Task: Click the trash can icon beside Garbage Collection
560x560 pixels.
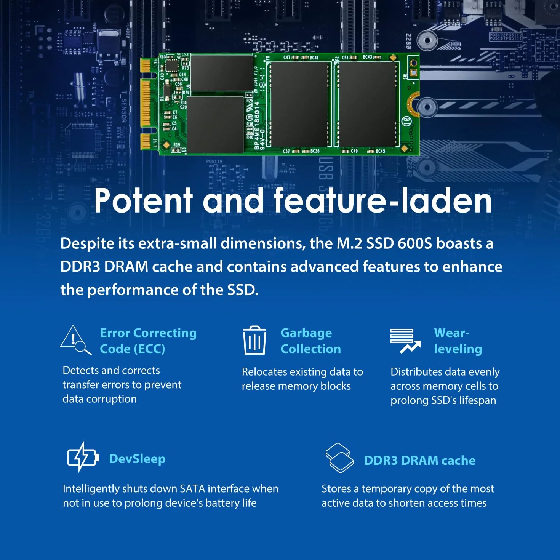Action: point(254,340)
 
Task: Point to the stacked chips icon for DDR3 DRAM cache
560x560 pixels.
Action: point(339,458)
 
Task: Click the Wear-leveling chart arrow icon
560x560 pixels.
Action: point(405,341)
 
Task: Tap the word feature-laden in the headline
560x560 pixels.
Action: point(383,200)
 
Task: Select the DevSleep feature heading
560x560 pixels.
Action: point(137,459)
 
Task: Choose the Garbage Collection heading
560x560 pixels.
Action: point(310,341)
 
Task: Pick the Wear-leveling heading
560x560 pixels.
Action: point(458,341)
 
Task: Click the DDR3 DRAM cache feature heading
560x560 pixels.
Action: point(420,461)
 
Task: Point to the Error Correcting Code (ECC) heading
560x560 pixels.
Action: point(148,341)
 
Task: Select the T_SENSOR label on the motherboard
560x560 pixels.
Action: point(124,107)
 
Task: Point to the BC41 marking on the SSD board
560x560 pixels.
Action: point(314,58)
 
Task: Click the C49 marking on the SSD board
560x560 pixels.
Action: point(354,151)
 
